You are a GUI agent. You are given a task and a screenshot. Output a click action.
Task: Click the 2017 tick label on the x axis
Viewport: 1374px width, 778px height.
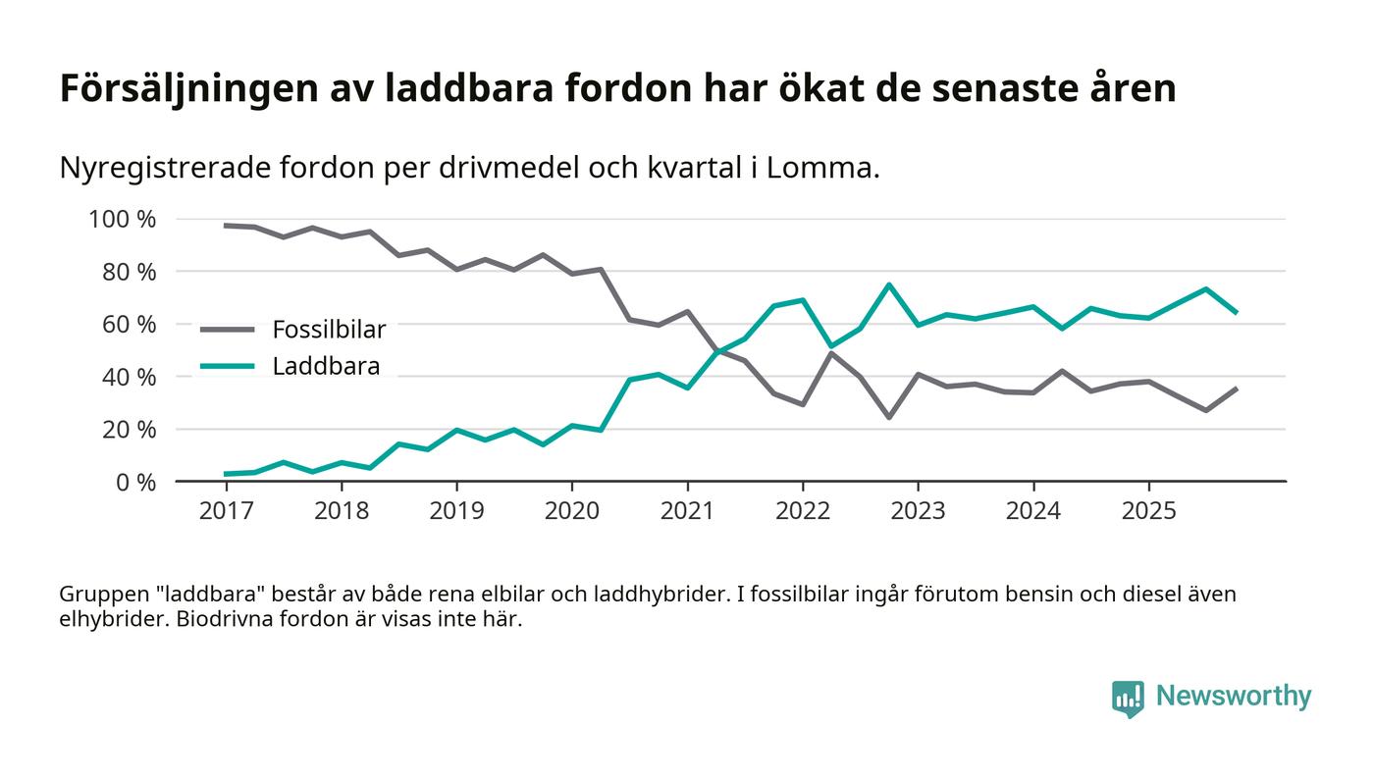226,511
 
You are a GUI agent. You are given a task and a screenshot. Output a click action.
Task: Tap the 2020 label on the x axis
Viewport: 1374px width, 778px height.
572,511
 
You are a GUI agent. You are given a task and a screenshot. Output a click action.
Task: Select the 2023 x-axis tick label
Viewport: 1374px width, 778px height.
918,511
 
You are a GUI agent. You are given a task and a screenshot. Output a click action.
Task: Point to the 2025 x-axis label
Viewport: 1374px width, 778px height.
1148,511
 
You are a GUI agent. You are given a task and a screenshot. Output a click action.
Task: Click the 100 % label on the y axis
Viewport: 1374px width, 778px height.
123,219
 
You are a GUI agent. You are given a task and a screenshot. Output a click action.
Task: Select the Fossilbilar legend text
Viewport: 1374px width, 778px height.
329,330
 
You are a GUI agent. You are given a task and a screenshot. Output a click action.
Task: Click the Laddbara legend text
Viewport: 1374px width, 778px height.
326,367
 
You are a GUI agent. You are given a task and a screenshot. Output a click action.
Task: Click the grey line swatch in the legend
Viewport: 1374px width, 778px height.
227,330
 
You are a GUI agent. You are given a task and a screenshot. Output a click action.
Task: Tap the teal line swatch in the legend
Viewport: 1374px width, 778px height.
227,367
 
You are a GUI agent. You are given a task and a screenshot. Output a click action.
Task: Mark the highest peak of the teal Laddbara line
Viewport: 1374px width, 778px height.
889,285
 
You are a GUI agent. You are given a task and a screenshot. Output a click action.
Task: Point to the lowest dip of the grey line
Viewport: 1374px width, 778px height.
889,417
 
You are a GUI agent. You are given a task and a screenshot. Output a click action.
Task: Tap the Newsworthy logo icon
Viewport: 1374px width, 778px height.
1128,698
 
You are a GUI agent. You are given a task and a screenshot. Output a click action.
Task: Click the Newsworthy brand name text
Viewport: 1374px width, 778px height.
1234,697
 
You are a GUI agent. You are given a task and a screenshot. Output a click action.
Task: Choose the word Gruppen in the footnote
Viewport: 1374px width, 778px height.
101,595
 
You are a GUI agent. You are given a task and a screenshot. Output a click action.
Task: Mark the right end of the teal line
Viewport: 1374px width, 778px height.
1236,312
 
